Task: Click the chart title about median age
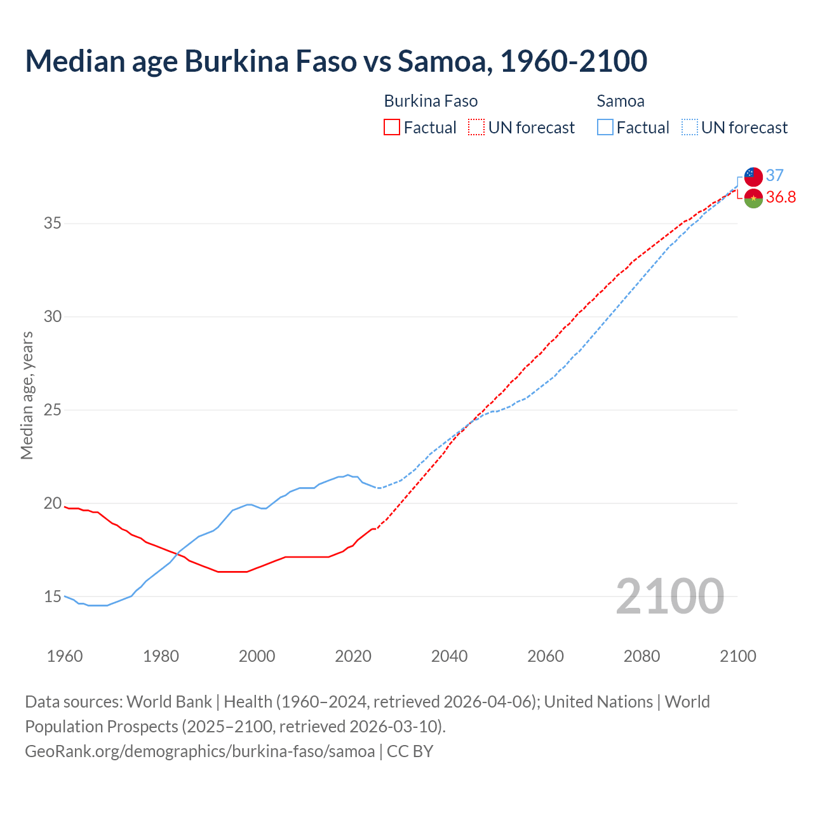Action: click(x=336, y=61)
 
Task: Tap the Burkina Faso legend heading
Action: click(x=431, y=101)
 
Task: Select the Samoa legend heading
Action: click(x=620, y=101)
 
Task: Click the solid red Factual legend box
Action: click(x=392, y=128)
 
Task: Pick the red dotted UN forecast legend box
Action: click(x=476, y=128)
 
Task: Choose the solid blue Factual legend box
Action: click(x=605, y=128)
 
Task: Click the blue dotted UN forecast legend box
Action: click(x=689, y=128)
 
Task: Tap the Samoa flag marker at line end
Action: click(x=753, y=177)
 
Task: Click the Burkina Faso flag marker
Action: click(x=753, y=198)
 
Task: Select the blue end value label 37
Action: click(x=774, y=175)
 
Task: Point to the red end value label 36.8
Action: click(x=781, y=198)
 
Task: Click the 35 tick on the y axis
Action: click(x=52, y=224)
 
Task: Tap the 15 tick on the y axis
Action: click(x=52, y=596)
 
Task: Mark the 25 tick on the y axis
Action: click(x=52, y=410)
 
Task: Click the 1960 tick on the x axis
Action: click(x=65, y=656)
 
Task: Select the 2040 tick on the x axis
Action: click(x=449, y=656)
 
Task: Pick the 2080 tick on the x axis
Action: click(x=642, y=656)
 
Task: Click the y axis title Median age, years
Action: click(x=27, y=395)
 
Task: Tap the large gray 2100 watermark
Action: click(x=669, y=596)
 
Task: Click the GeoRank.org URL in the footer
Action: click(x=200, y=751)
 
